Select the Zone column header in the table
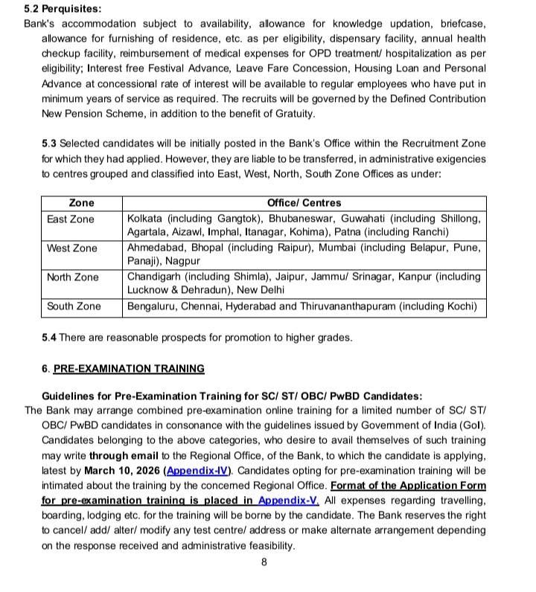(81, 203)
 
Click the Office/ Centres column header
(304, 203)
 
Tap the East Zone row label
(71, 219)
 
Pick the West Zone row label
(71, 248)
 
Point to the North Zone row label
(72, 277)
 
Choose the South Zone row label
(73, 306)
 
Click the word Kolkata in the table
(146, 219)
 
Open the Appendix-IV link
(199, 471)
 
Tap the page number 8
(264, 562)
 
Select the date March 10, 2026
(123, 471)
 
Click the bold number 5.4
(49, 338)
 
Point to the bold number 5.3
(49, 144)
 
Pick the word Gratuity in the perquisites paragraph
(293, 114)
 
